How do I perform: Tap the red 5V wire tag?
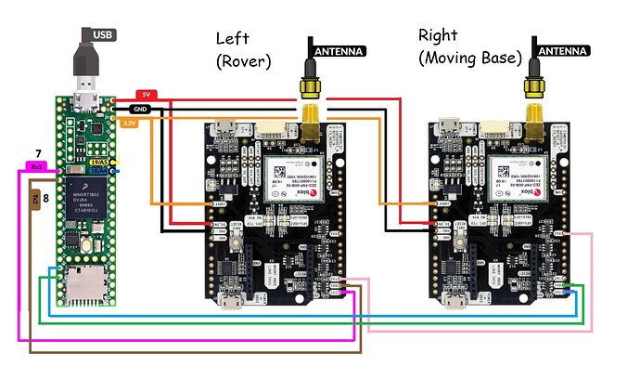coord(146,95)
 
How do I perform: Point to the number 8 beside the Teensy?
coord(46,198)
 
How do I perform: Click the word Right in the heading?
coord(438,35)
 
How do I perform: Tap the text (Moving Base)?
coord(468,59)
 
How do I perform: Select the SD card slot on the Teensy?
coord(87,283)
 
